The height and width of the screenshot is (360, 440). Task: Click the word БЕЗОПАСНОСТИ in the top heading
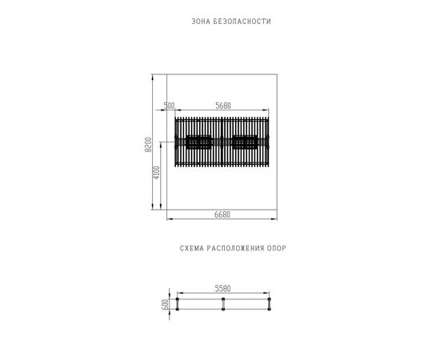point(242,22)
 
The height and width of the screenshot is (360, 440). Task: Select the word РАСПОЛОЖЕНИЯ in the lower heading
point(235,248)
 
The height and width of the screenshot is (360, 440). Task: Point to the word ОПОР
point(277,248)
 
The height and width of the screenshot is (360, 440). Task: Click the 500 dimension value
point(169,106)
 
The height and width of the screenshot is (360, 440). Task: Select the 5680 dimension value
point(223,106)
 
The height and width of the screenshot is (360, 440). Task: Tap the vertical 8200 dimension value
point(148,145)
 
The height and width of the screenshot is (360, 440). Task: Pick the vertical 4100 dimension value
point(156,173)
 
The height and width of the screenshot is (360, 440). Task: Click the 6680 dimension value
point(222,214)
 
